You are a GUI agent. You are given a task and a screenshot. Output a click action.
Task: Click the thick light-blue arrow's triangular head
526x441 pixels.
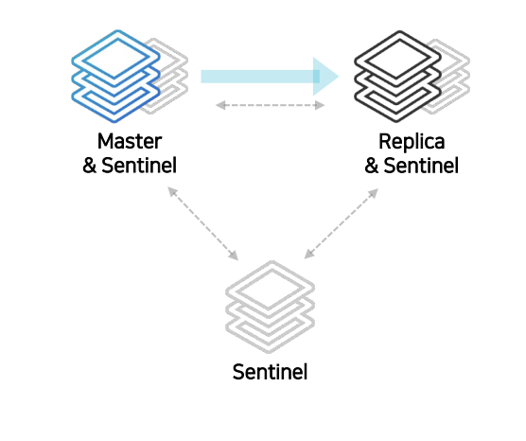click(x=324, y=77)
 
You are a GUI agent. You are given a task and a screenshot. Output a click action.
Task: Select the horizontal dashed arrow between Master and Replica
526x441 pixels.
click(x=270, y=105)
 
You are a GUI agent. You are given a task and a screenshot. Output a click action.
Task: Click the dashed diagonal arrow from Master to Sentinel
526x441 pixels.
click(x=203, y=223)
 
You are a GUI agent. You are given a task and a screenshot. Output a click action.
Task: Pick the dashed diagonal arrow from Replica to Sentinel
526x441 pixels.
click(x=342, y=223)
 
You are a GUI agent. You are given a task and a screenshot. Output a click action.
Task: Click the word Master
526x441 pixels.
click(x=130, y=141)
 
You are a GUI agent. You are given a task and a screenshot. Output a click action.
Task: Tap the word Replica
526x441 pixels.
click(x=412, y=141)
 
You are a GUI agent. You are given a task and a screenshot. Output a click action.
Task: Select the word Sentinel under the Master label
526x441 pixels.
click(x=139, y=166)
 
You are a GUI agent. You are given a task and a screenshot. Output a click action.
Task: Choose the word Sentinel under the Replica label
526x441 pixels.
click(x=421, y=166)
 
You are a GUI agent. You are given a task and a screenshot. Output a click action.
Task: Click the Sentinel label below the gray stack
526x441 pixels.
click(x=270, y=372)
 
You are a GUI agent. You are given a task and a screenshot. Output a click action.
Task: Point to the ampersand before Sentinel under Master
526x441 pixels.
click(x=90, y=166)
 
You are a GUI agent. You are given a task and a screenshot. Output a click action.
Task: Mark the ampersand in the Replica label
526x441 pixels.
click(x=372, y=166)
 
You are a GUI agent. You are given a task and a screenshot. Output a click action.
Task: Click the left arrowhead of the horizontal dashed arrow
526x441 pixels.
click(x=220, y=105)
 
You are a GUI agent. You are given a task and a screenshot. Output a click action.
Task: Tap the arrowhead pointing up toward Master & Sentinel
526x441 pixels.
click(x=172, y=192)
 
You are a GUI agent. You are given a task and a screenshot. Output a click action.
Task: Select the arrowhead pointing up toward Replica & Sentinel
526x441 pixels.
click(x=374, y=193)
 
